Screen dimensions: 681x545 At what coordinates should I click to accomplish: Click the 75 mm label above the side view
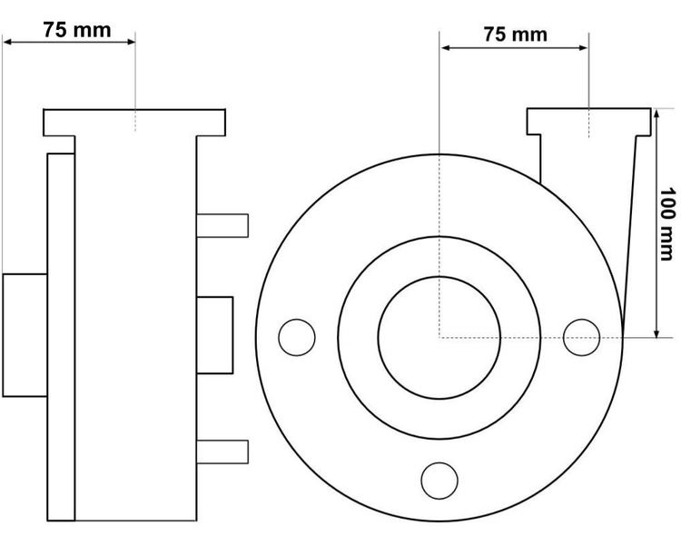[77, 30]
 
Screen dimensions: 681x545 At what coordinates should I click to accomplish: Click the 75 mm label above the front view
[516, 35]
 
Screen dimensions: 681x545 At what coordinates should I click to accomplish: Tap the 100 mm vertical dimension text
[667, 224]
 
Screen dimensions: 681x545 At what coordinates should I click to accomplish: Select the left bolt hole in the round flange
[297, 337]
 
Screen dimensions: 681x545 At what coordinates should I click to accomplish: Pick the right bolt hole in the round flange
[581, 337]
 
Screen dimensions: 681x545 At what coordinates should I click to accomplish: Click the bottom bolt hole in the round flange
[439, 481]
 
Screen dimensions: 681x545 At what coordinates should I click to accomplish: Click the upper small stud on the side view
[222, 225]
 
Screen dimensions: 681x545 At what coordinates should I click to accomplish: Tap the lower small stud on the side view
[222, 451]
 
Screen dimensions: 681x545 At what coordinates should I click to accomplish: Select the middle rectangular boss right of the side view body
[214, 335]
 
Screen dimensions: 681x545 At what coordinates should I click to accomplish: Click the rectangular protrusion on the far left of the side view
[25, 335]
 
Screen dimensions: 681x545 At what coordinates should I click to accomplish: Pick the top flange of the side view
[134, 123]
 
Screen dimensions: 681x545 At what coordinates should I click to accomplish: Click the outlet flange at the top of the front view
[589, 121]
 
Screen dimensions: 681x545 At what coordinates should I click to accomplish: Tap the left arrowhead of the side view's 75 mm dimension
[8, 42]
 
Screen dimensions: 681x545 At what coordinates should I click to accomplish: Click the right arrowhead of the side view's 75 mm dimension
[130, 42]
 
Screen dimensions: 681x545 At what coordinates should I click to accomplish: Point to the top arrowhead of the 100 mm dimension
[656, 114]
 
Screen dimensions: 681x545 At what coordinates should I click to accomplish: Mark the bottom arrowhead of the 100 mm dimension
[656, 332]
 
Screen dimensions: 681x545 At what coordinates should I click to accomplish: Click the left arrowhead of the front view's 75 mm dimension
[445, 47]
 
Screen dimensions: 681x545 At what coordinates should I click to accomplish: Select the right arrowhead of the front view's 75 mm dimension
[583, 47]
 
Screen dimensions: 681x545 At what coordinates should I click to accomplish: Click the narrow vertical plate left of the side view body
[61, 337]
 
